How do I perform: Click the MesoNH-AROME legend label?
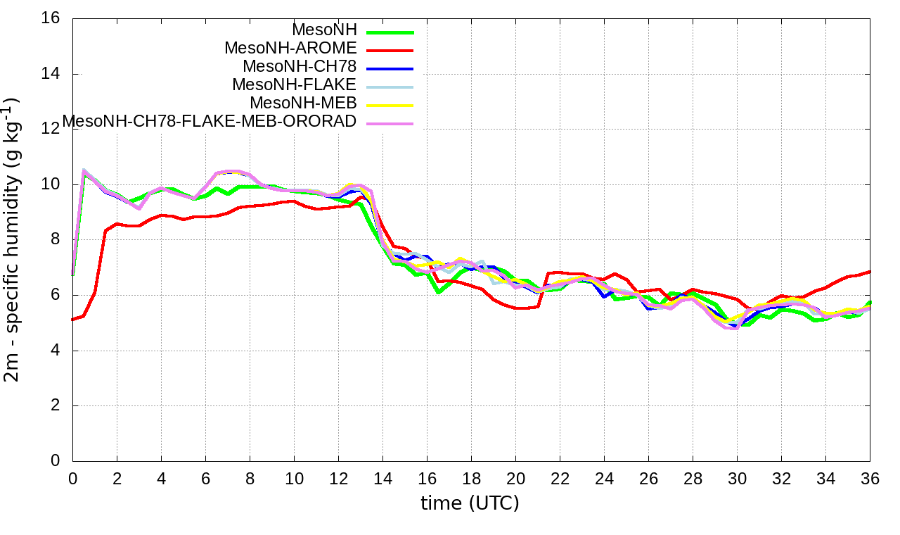click(x=290, y=49)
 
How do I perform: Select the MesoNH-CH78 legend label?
click(x=300, y=67)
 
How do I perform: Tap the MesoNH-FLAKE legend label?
click(x=295, y=85)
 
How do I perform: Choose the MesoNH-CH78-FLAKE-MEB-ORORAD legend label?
click(x=210, y=122)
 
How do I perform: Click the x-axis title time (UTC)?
click(x=470, y=503)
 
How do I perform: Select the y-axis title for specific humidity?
click(x=13, y=239)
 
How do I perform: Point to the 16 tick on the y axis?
click(x=51, y=19)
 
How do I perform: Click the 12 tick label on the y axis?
click(x=51, y=130)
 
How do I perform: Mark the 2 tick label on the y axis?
click(x=55, y=406)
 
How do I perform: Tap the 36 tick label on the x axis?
click(x=870, y=478)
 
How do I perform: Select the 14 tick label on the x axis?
click(x=382, y=478)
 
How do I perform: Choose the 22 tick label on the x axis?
click(x=560, y=478)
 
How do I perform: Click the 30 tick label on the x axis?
click(x=737, y=478)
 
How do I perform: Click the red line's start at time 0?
click(x=73, y=320)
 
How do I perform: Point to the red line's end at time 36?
click(x=870, y=272)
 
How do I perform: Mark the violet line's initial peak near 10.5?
click(x=84, y=170)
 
